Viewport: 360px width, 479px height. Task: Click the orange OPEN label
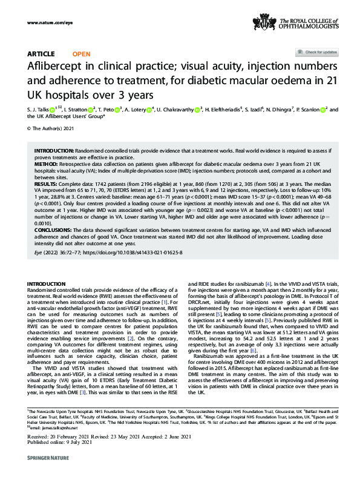click(81, 54)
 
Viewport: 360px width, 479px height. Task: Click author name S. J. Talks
click(39, 110)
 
